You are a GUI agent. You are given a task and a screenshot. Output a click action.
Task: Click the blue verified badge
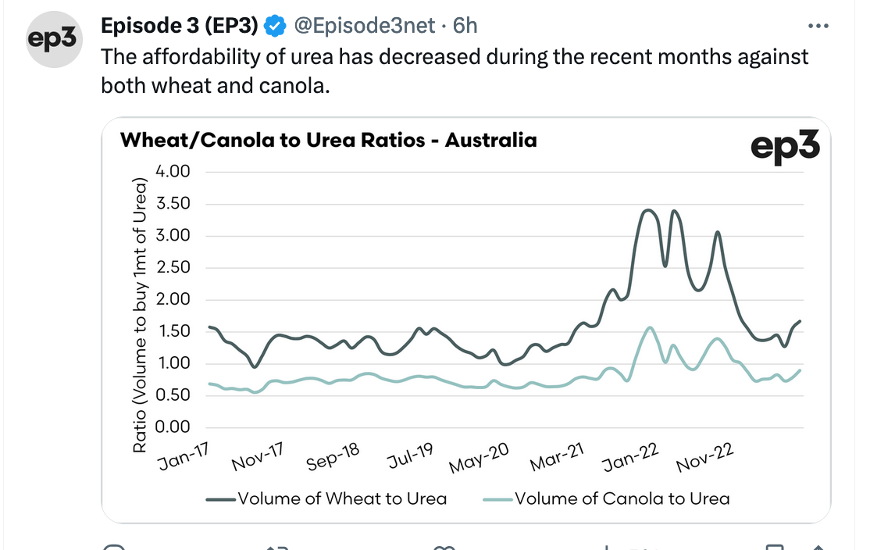(x=275, y=26)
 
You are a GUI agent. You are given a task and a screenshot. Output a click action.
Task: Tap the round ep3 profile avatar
(x=54, y=39)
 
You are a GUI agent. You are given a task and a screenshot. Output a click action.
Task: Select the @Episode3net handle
(x=365, y=26)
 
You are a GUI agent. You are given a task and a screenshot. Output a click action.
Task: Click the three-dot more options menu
(x=818, y=26)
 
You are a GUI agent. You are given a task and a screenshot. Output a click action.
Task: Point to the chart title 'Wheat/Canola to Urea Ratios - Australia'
(x=329, y=140)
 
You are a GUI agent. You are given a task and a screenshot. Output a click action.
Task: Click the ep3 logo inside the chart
(x=785, y=147)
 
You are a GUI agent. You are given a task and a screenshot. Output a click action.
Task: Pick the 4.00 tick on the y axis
(x=173, y=172)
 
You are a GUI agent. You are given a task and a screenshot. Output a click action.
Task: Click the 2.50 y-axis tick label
(x=173, y=267)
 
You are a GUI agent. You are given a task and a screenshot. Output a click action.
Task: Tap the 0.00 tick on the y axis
(x=173, y=427)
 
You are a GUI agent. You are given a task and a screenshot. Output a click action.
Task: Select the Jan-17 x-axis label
(x=183, y=456)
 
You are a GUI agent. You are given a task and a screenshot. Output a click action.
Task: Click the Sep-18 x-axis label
(x=333, y=456)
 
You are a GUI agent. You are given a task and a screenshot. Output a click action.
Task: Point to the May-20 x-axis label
(x=479, y=458)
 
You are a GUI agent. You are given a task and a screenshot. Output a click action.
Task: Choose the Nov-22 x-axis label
(x=705, y=458)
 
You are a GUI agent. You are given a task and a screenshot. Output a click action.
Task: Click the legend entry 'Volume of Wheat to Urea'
(x=326, y=499)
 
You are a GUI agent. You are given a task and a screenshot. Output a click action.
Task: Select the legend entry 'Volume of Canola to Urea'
(x=607, y=499)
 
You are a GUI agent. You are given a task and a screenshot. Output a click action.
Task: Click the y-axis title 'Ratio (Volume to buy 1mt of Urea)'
(x=140, y=316)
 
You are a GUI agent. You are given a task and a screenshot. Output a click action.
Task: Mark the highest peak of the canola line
(x=649, y=328)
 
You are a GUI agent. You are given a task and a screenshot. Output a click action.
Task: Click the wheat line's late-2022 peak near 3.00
(x=718, y=233)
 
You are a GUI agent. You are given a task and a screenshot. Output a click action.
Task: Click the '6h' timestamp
(x=465, y=26)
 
